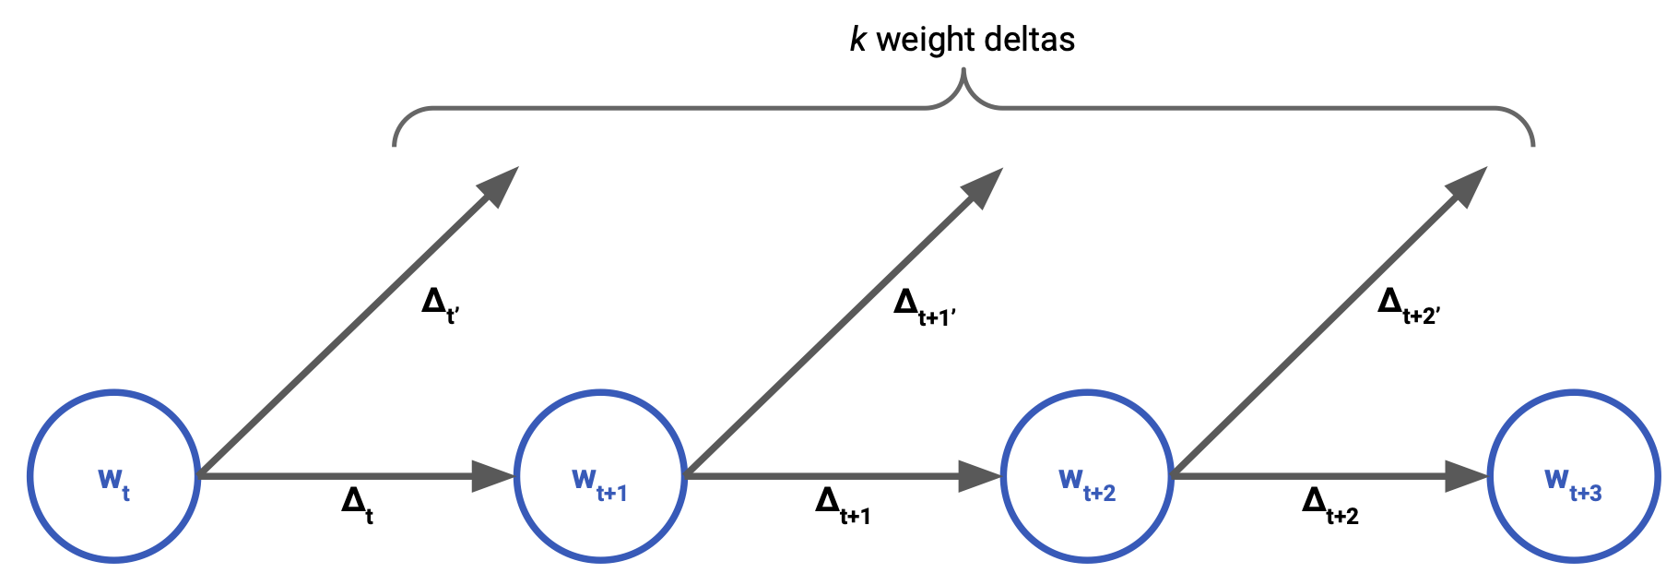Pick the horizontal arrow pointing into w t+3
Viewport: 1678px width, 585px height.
point(1328,476)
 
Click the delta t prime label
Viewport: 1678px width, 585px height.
point(440,305)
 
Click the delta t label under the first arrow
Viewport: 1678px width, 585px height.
point(357,506)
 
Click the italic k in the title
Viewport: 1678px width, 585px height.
point(857,40)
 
